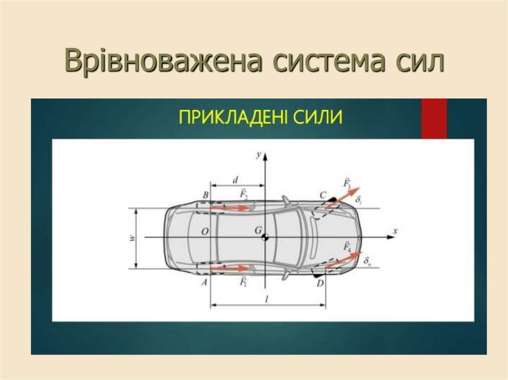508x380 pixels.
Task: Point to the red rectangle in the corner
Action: (x=434, y=118)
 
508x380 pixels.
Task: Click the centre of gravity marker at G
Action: (x=265, y=237)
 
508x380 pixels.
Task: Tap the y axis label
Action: (x=258, y=155)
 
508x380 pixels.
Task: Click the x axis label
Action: (x=395, y=231)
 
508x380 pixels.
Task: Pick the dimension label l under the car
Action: (x=267, y=299)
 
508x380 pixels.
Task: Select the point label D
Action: (x=320, y=283)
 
